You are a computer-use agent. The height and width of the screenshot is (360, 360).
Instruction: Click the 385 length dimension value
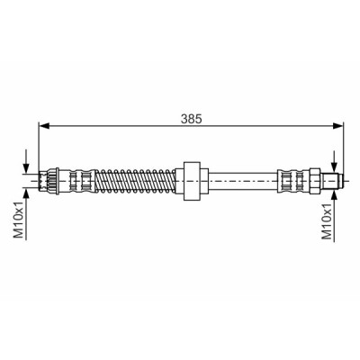click(x=192, y=119)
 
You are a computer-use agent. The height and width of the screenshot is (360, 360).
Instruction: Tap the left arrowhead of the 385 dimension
click(x=44, y=126)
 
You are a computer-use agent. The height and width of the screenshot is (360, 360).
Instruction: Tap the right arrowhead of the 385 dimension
click(x=337, y=126)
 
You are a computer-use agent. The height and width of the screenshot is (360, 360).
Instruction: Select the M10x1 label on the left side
click(x=19, y=220)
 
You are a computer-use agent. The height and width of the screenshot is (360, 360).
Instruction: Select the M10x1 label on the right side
click(x=327, y=221)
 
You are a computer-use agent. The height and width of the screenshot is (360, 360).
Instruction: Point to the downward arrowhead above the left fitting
click(x=27, y=168)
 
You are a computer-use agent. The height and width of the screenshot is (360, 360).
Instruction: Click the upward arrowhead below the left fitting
click(x=27, y=193)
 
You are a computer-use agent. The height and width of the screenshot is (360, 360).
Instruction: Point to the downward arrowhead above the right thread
click(x=334, y=168)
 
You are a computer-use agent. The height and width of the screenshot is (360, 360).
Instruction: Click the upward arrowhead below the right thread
click(x=334, y=193)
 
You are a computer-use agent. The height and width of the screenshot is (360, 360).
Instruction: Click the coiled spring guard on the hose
click(x=135, y=181)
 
